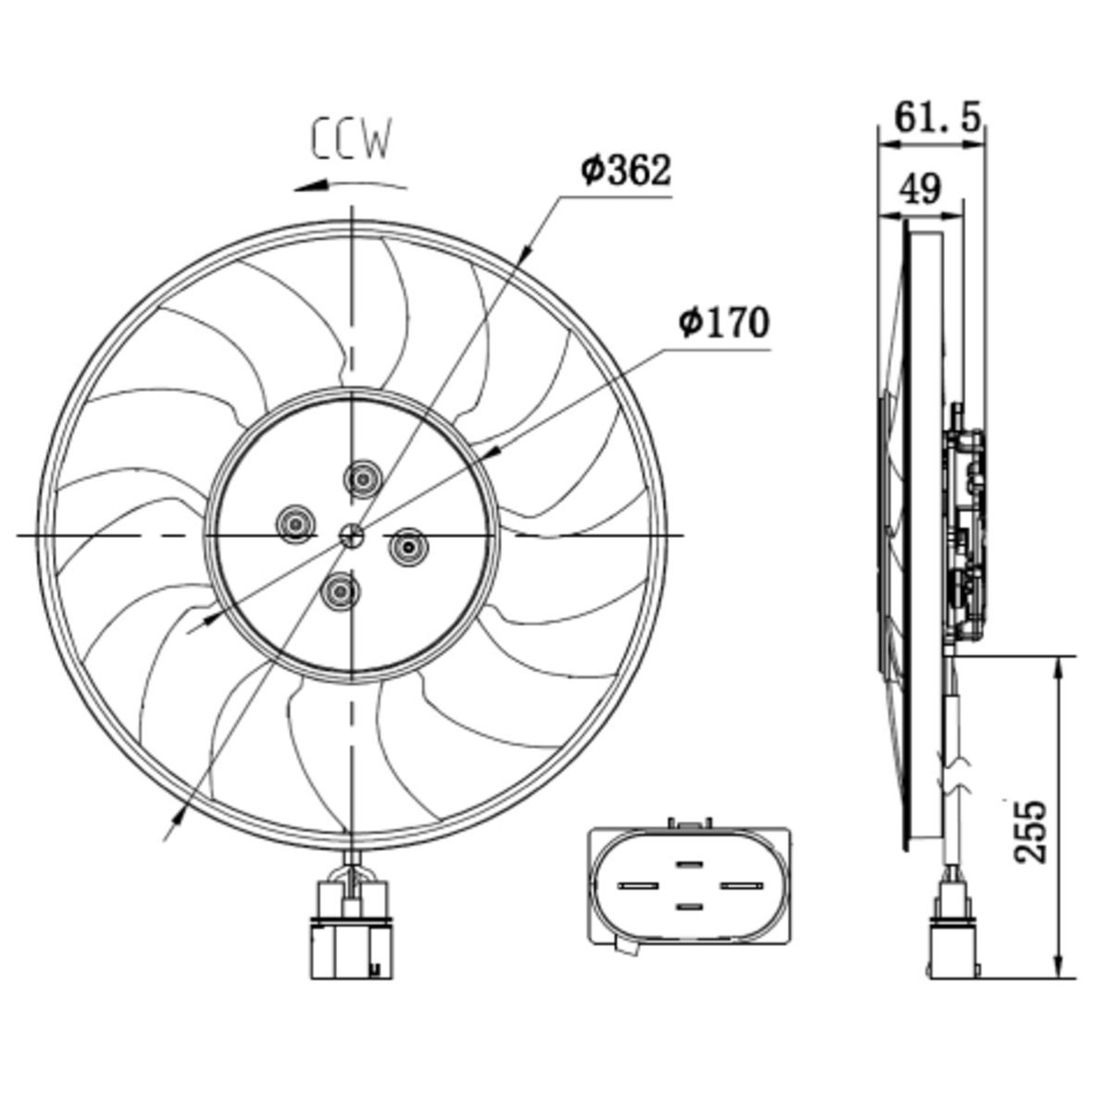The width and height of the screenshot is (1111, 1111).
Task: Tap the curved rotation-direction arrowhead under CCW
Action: coord(310,186)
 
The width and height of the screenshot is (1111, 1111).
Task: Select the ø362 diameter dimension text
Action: coord(627,170)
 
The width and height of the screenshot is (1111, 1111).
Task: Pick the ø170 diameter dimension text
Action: coord(724,323)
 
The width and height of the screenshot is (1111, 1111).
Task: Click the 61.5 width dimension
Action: coord(938,117)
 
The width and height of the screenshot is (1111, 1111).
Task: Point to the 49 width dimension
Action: coord(920,189)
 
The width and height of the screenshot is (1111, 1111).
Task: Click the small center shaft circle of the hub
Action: coord(351,536)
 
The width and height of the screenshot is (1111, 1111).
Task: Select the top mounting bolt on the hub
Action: coord(363,479)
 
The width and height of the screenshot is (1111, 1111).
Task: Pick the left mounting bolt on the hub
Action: coord(296,523)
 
